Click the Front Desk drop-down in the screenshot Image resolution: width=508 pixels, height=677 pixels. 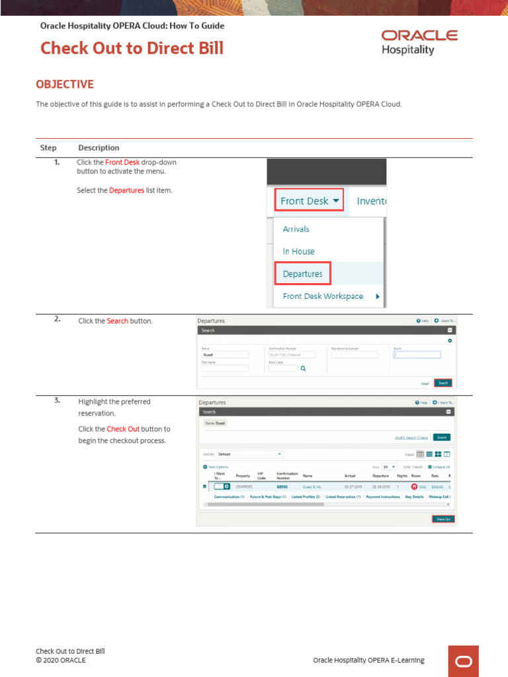[x=310, y=201]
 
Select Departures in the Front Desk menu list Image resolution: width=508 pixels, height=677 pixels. [x=302, y=274]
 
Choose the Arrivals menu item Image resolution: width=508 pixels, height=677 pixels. [x=296, y=229]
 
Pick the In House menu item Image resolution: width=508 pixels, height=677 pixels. [x=298, y=251]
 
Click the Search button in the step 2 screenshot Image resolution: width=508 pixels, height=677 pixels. [x=443, y=383]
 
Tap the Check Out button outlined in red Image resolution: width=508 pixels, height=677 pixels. [x=443, y=519]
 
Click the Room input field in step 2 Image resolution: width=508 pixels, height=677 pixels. [x=417, y=354]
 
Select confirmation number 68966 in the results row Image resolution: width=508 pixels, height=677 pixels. [x=282, y=487]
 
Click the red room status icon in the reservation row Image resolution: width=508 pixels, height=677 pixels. [x=414, y=487]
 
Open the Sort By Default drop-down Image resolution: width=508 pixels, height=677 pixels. [x=250, y=454]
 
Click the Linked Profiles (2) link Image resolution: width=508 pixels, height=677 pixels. [x=306, y=497]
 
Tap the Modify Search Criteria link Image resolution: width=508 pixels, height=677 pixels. [x=411, y=437]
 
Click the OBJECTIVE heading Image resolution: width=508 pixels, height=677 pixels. [x=65, y=85]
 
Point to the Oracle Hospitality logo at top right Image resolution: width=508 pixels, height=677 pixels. [x=419, y=41]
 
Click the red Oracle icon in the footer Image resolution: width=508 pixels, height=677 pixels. [x=463, y=661]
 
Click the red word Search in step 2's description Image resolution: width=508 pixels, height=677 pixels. [x=118, y=321]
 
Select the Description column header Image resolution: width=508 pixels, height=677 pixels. [x=99, y=147]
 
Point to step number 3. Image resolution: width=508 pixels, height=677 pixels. [x=58, y=401]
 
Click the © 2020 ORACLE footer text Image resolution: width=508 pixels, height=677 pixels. [x=61, y=660]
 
